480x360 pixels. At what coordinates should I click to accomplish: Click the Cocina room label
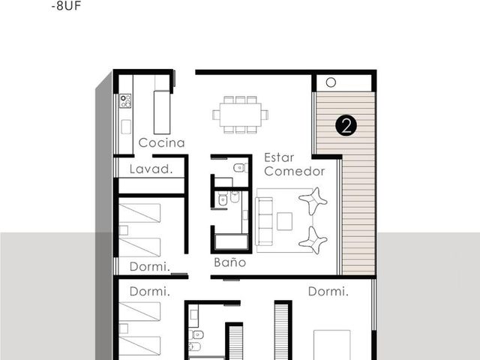coord(162,142)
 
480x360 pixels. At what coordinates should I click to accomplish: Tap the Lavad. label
coord(151,169)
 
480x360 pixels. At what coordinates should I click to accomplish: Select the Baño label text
coord(230,262)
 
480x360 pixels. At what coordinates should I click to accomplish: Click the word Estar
coord(279,157)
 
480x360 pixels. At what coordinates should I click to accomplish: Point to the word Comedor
coord(295,172)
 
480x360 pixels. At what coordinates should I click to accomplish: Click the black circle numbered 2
coord(346,125)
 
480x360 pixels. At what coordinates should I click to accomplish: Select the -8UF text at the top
coord(66,6)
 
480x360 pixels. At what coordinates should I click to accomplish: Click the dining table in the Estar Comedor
coord(240,115)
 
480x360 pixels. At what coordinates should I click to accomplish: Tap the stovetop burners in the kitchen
coord(125,101)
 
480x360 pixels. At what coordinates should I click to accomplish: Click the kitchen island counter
coord(162,112)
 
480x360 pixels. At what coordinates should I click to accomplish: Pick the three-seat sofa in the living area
coord(265,221)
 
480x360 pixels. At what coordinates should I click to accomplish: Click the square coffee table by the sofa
coord(285,221)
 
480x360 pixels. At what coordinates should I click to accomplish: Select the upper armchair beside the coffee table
coord(313,201)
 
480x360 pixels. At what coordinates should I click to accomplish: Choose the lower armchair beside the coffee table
coord(313,241)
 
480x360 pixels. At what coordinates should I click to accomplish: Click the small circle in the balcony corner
coord(331,82)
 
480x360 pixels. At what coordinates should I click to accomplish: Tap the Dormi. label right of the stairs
coord(328,292)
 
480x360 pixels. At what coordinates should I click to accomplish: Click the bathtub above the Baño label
coord(232,242)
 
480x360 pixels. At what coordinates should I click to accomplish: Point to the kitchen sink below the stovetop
coord(126,127)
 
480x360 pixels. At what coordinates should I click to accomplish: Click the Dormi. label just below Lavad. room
coord(150,267)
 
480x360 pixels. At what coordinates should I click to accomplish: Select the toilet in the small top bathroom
coord(240,168)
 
